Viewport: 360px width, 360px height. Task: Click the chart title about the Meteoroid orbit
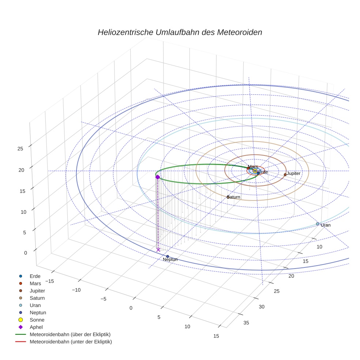[x=180, y=32]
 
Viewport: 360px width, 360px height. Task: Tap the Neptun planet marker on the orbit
[x=168, y=256]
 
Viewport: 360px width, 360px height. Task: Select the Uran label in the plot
[x=325, y=225]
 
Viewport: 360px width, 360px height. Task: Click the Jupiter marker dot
[x=285, y=175]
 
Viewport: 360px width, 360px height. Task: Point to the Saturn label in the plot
[x=234, y=197]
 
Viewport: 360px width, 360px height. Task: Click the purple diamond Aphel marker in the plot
[x=158, y=177]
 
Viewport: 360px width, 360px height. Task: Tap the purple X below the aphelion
[x=158, y=250]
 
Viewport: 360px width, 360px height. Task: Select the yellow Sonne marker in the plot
[x=255, y=171]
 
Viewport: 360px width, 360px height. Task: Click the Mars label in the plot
[x=253, y=167]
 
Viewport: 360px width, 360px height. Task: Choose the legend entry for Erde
[x=35, y=276]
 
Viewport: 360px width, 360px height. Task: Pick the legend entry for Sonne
[x=37, y=320]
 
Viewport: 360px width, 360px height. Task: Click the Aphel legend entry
[x=36, y=327]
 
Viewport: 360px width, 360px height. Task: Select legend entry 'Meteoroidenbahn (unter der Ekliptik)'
[x=71, y=342]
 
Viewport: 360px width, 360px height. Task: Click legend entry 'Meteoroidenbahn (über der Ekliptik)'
[x=70, y=334]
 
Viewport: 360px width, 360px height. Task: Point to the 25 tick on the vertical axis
[x=20, y=148]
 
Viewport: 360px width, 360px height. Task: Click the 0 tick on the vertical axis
[x=25, y=252]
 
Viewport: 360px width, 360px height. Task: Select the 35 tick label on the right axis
[x=246, y=322]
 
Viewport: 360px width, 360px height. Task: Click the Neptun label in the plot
[x=170, y=259]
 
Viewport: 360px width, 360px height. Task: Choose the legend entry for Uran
[x=35, y=305]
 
